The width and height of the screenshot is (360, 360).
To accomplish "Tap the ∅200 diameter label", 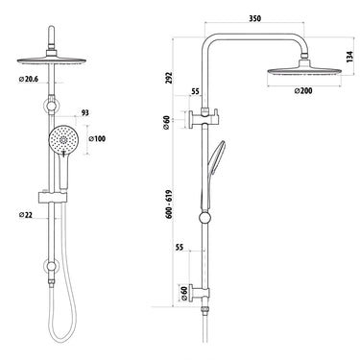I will tap(304, 92).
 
